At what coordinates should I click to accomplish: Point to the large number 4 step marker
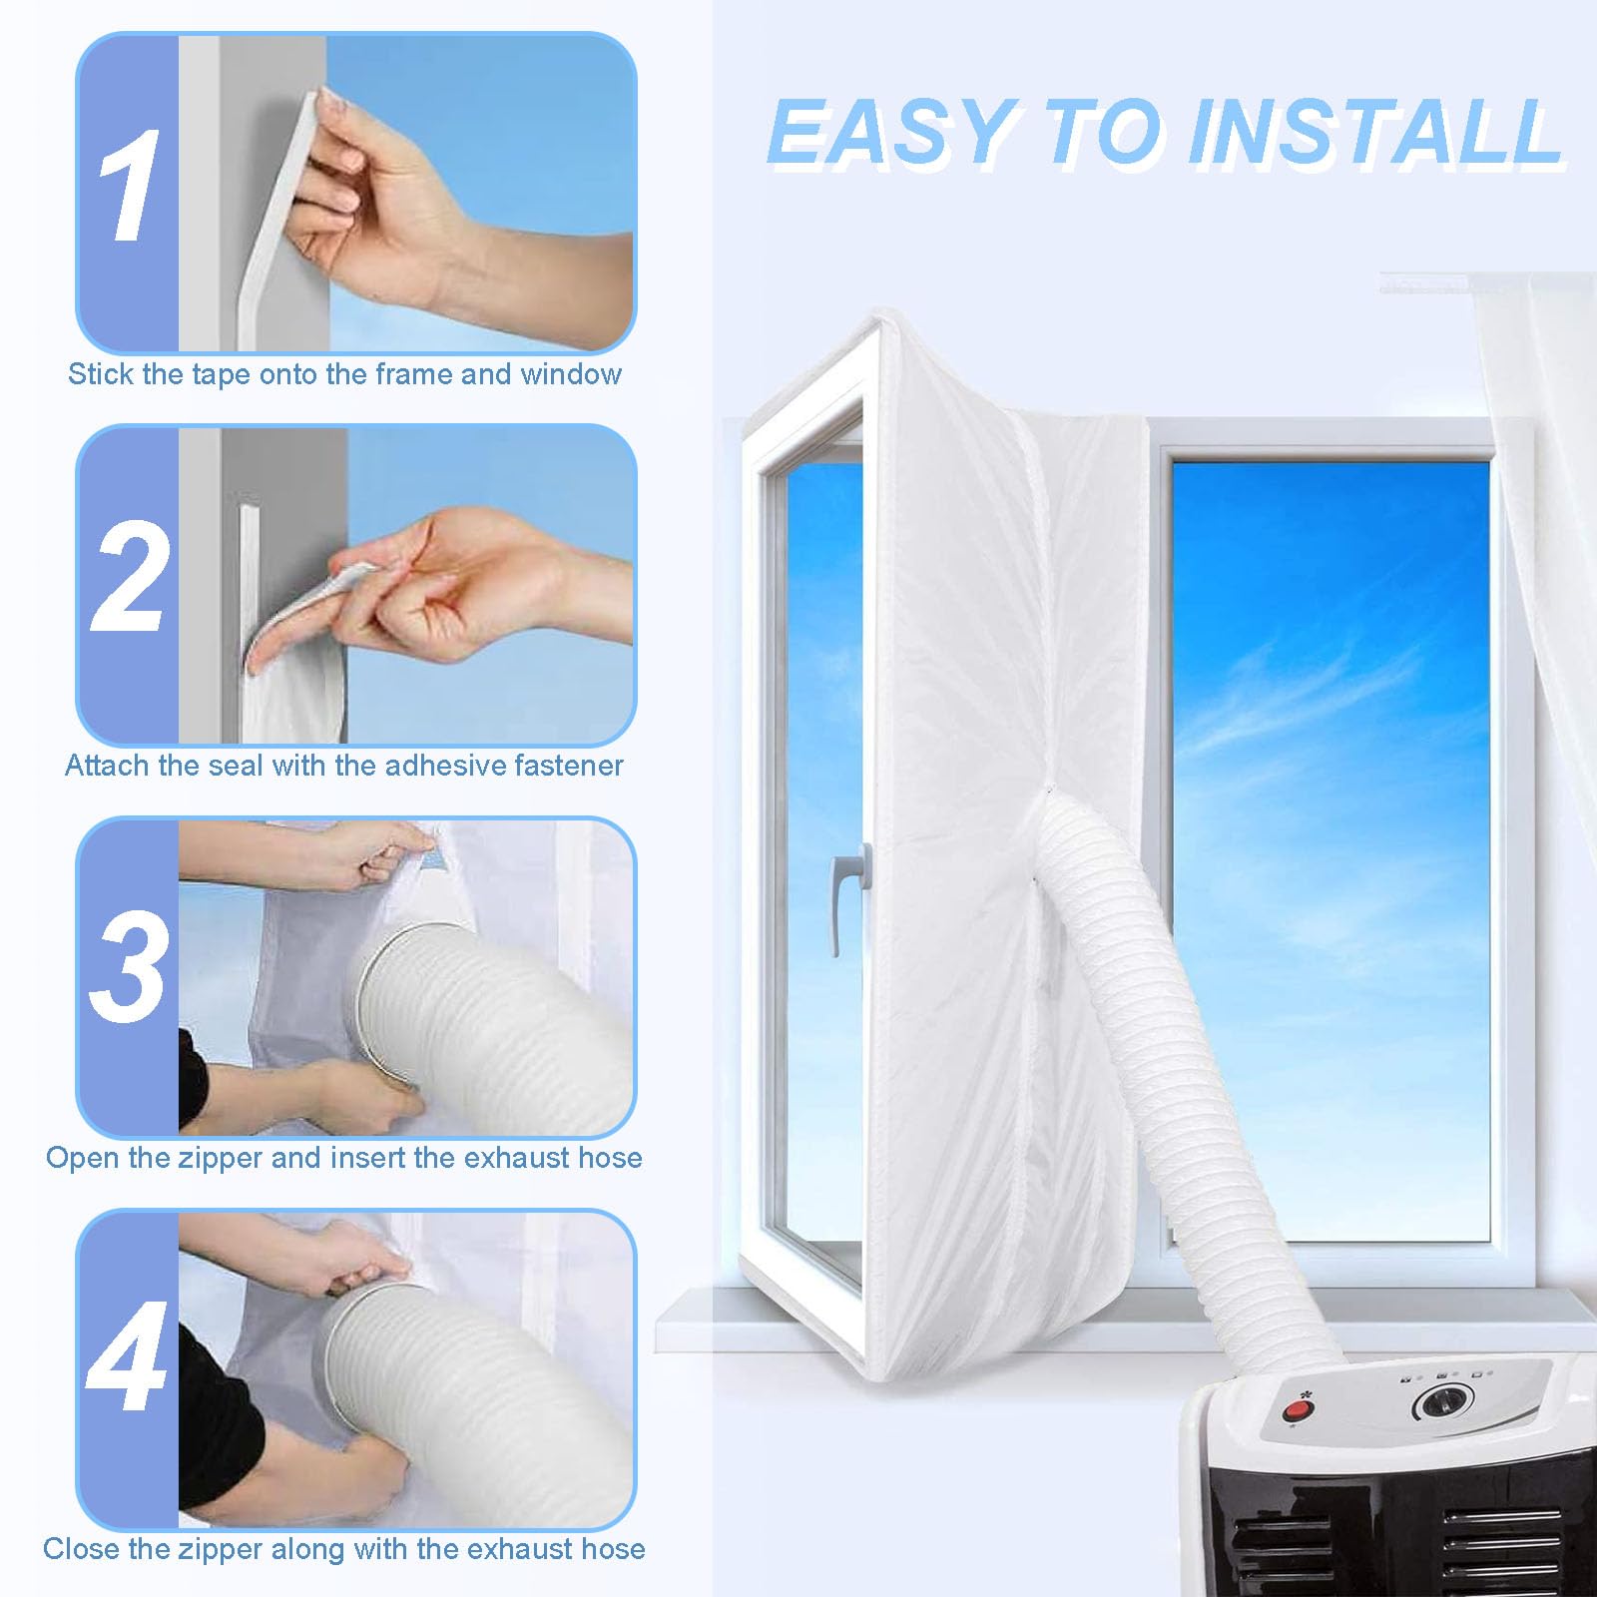[127, 1356]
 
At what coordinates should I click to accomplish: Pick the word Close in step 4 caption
[77, 1548]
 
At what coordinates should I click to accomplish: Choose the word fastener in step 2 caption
[569, 766]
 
